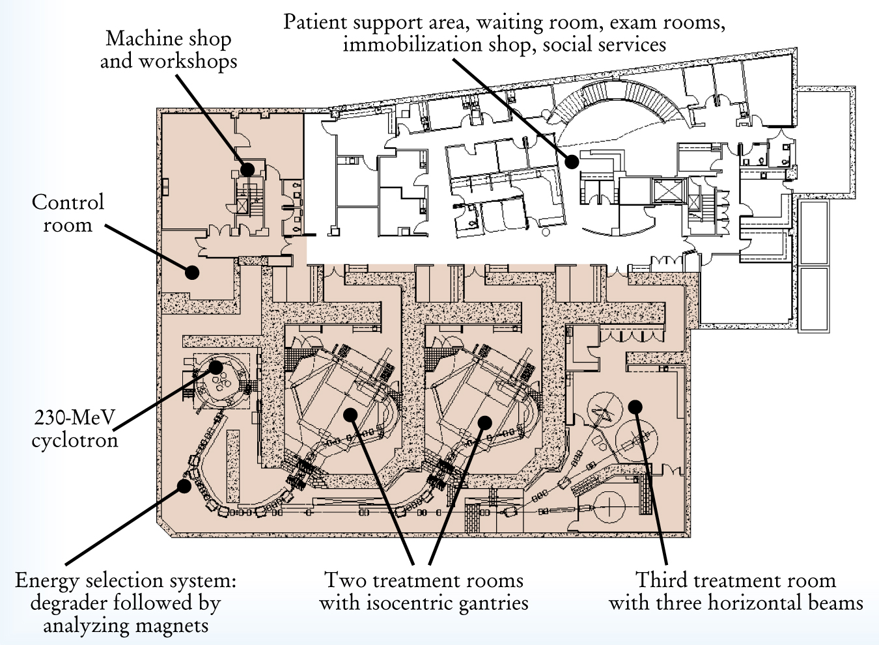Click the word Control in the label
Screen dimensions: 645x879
[x=68, y=202]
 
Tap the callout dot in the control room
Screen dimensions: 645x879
[x=191, y=272]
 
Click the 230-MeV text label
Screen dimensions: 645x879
[x=75, y=417]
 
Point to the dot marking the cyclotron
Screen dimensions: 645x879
[x=216, y=367]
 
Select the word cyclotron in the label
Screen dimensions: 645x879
[x=75, y=441]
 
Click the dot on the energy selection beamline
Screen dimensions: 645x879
[x=185, y=486]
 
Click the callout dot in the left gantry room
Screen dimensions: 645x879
[x=351, y=414]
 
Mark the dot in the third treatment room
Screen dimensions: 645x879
[x=635, y=407]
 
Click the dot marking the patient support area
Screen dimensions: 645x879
[x=571, y=161]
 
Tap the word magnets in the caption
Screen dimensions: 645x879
[x=175, y=626]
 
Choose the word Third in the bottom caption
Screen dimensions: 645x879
[x=659, y=580]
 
